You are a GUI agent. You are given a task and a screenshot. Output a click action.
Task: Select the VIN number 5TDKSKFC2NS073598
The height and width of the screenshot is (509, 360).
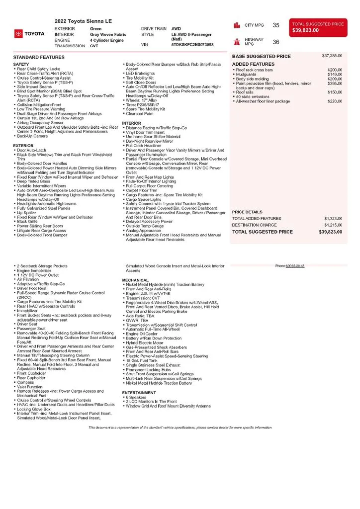[x=192, y=45]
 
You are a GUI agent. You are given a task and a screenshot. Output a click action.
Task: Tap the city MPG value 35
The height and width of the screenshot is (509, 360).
[x=276, y=25]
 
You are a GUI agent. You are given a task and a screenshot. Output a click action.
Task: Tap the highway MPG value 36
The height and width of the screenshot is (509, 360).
[x=276, y=42]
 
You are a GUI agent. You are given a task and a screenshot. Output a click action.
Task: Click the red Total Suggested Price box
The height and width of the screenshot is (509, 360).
[x=318, y=27]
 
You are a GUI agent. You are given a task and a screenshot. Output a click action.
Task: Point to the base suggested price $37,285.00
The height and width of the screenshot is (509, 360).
[x=332, y=56]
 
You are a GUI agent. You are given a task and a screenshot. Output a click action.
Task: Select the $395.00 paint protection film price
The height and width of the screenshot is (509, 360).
[x=335, y=84]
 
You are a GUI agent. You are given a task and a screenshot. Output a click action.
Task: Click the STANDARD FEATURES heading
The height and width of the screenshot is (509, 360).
[x=39, y=58]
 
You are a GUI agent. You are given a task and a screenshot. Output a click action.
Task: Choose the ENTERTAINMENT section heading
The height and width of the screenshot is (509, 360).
[x=139, y=393]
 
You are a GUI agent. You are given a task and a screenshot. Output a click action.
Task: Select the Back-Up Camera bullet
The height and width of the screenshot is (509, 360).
[x=31, y=136]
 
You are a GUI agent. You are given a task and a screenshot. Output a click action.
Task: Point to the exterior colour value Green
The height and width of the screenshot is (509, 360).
[x=95, y=29]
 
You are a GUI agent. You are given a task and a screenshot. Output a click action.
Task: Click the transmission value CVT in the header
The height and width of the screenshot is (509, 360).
[x=94, y=45]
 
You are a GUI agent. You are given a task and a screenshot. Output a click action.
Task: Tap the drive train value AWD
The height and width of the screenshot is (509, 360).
[x=176, y=29]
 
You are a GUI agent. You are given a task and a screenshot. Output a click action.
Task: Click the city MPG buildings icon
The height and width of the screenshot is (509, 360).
[x=237, y=25]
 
